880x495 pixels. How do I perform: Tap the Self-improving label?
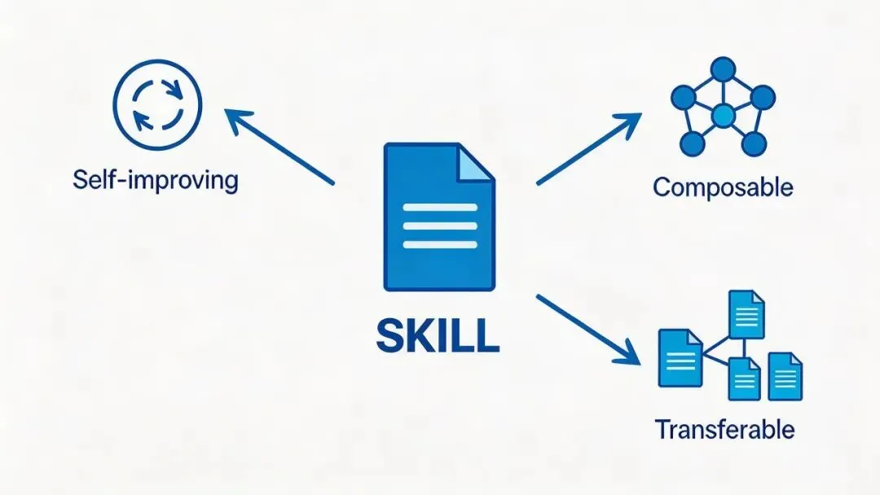pos(155,180)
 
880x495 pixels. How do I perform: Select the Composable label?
pos(723,187)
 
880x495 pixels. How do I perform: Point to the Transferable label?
pos(724,429)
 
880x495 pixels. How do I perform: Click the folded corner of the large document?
pos(475,163)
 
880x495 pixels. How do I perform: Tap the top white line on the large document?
pos(440,208)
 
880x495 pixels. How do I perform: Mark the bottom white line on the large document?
pos(440,244)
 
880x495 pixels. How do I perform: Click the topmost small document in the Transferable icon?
pos(746,313)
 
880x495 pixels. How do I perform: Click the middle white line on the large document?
pos(440,226)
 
